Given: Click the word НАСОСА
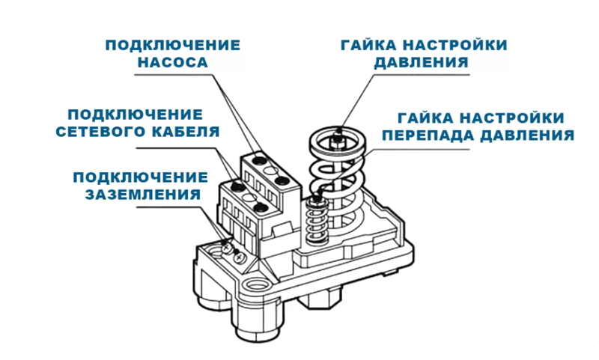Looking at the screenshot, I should pos(172,63).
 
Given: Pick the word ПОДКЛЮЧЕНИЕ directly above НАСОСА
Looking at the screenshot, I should pos(173,45).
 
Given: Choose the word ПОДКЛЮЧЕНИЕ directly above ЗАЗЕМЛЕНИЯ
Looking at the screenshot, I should pos(140,177).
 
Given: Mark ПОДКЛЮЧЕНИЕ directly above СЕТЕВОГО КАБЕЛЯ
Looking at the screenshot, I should pos(135,115).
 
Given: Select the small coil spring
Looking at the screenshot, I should pos(315,221).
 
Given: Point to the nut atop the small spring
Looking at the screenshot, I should pos(317,195).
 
